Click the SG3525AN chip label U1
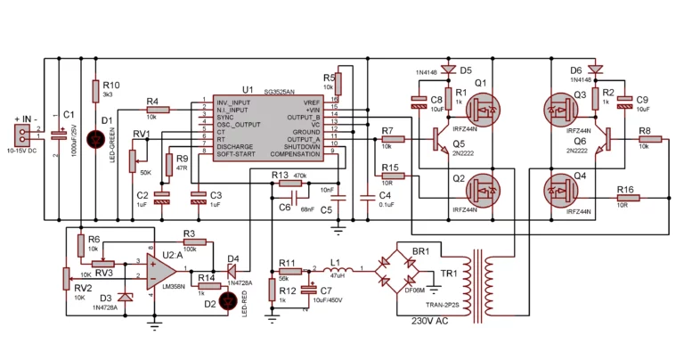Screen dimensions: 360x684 coord(247,90)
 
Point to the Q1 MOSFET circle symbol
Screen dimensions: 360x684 coord(485,110)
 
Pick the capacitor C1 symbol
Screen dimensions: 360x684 coord(59,135)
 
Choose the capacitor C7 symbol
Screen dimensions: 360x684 coord(308,290)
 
